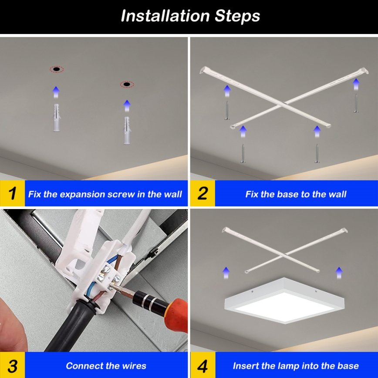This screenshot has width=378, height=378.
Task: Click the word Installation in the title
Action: point(165,16)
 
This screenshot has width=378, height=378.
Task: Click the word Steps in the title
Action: point(237,16)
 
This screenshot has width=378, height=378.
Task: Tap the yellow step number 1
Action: point(12,194)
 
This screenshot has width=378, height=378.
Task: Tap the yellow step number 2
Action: point(202,194)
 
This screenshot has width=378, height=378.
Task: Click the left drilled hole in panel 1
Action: point(56,69)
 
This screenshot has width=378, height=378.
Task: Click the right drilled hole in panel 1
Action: point(127,84)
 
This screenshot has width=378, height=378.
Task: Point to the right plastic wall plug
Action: point(127,131)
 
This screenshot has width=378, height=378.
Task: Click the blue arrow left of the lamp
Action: point(226,273)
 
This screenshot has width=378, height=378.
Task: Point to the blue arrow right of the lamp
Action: point(339,273)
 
